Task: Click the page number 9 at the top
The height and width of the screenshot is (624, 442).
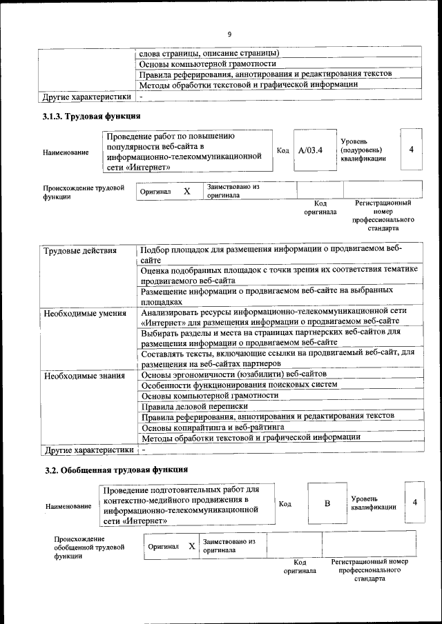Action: [x=229, y=34]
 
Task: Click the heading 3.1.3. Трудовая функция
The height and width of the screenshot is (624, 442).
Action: [x=92, y=116]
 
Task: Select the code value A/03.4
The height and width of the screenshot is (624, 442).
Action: [x=310, y=150]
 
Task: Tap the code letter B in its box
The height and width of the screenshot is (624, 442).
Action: [x=327, y=503]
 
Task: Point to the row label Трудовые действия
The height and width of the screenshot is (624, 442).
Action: [x=80, y=250]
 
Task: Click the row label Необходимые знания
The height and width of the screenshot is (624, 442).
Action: [x=84, y=376]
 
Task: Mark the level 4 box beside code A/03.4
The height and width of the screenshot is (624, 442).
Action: [x=411, y=149]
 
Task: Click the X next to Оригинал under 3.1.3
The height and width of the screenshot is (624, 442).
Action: [x=186, y=191]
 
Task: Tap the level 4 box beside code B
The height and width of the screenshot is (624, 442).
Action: [x=414, y=503]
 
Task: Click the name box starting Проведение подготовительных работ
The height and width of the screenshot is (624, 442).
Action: [x=186, y=504]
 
